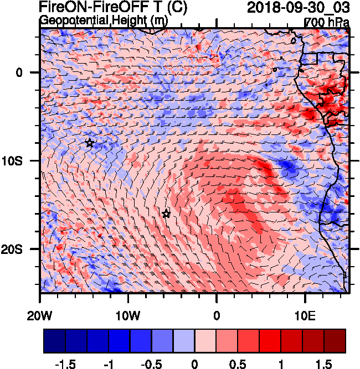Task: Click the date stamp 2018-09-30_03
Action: click(298, 8)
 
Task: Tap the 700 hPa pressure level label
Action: click(327, 22)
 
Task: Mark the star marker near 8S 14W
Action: click(90, 143)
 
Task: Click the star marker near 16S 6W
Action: click(166, 214)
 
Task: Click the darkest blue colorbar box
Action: click(54, 341)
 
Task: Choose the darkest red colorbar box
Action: click(335, 341)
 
